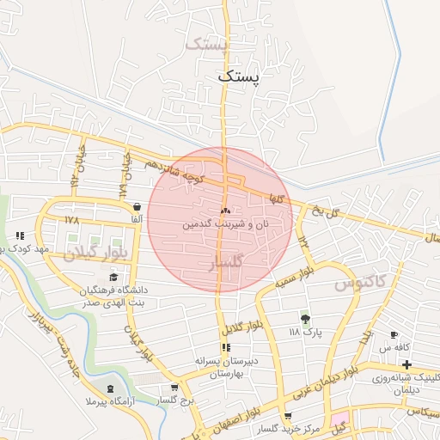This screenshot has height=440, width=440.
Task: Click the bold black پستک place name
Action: click(238, 76)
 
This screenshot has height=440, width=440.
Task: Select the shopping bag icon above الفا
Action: click(137, 206)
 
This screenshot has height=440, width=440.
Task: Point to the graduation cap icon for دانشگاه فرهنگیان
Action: click(113, 277)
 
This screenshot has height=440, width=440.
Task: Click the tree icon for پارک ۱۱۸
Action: click(303, 317)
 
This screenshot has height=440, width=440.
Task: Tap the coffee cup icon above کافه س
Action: click(394, 334)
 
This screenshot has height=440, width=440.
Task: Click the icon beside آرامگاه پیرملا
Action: click(108, 376)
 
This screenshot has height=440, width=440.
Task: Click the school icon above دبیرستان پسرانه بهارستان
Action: click(226, 348)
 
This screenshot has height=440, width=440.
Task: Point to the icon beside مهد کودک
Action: click(20, 235)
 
